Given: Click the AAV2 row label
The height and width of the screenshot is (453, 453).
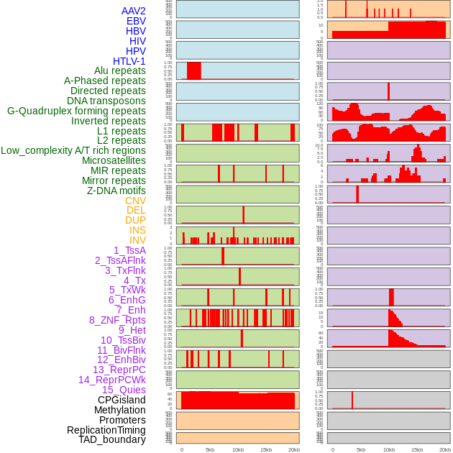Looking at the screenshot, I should click(133, 11).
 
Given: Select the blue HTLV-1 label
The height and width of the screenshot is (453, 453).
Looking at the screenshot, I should click(129, 61).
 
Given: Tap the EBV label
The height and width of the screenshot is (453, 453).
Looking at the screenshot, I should click(136, 21).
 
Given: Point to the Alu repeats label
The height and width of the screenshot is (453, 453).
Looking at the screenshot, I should click(119, 70).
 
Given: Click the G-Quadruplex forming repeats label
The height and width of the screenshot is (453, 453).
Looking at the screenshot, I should click(76, 111).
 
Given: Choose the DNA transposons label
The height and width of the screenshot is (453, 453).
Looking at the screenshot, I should click(106, 101).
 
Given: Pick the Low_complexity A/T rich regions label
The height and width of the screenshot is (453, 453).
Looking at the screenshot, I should click(73, 150).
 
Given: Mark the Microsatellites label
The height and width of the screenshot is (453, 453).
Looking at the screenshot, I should click(114, 160).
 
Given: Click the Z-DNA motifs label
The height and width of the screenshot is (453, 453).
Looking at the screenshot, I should click(116, 191).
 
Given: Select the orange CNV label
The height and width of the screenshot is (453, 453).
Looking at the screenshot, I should click(135, 201).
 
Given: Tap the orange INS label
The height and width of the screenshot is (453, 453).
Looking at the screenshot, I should click(137, 231).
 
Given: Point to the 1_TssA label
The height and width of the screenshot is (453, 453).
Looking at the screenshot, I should click(129, 250).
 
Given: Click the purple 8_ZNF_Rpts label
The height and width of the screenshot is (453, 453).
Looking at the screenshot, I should click(117, 320).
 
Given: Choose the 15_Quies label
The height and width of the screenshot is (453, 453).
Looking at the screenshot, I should click(123, 390).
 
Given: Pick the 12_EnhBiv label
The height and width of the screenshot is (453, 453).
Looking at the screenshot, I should click(121, 360).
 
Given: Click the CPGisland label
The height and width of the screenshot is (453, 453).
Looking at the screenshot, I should click(122, 400).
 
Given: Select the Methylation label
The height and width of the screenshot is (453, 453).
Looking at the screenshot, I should click(119, 410).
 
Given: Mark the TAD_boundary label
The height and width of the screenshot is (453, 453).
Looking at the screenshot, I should click(111, 439).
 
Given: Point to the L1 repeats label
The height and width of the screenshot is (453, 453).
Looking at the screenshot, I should click(121, 131).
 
